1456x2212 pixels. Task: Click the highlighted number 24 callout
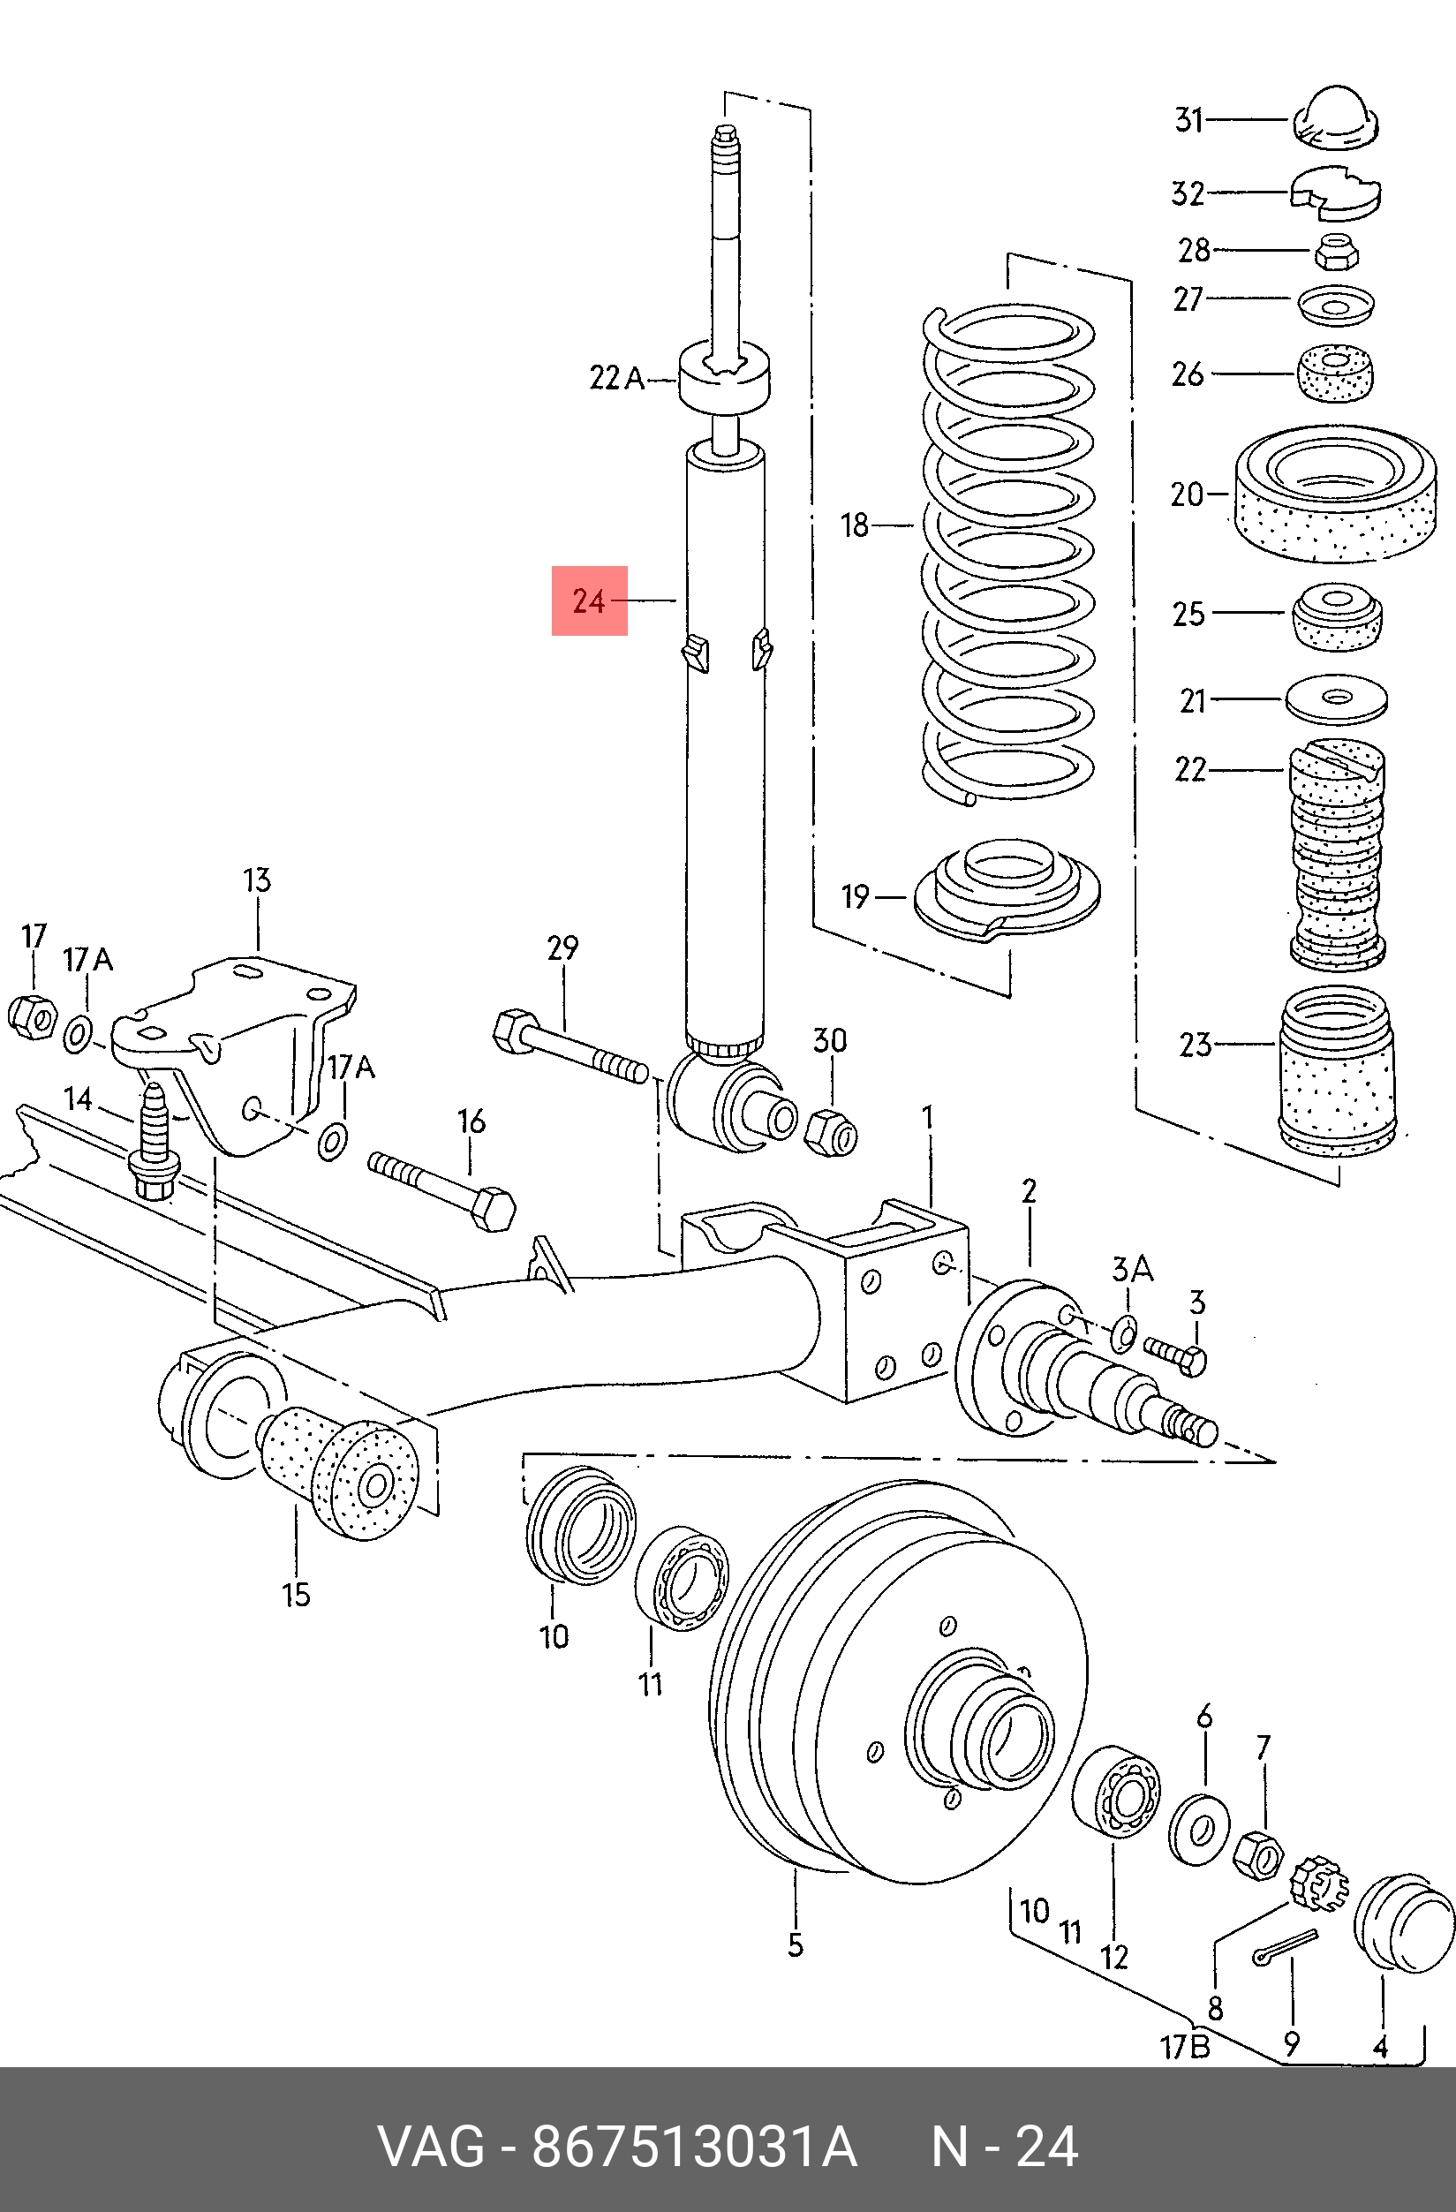click(x=589, y=600)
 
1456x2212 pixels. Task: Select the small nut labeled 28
click(x=1337, y=252)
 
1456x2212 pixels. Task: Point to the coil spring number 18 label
click(x=855, y=525)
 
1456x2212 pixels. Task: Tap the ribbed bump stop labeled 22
click(x=1337, y=855)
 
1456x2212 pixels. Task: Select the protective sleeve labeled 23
click(x=1338, y=1072)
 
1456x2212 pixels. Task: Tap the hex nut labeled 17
click(x=32, y=1016)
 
